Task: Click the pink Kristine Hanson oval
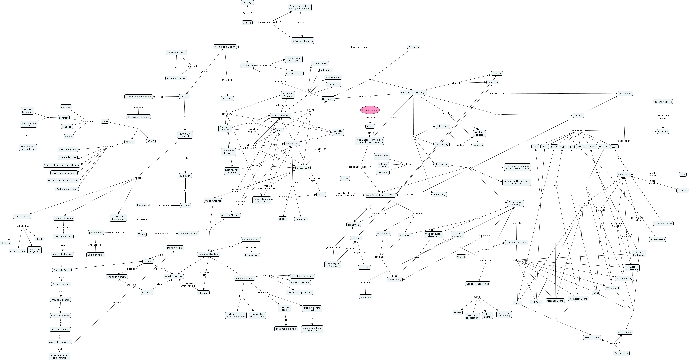[370, 110]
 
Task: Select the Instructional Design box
[225, 47]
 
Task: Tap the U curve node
[247, 23]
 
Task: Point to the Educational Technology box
[413, 92]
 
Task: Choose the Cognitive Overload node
[209, 254]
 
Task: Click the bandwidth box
[624, 174]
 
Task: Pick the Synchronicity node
[621, 353]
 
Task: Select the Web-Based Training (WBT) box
[380, 195]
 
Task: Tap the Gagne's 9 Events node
[63, 218]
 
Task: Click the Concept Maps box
[22, 216]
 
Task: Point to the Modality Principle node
[338, 132]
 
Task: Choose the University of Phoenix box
[332, 265]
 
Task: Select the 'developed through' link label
[360, 47]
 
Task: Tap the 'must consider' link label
[497, 93]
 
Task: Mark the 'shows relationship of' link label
[269, 22]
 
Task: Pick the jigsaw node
[457, 312]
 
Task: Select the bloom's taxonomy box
[27, 111]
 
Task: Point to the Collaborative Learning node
[515, 203]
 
